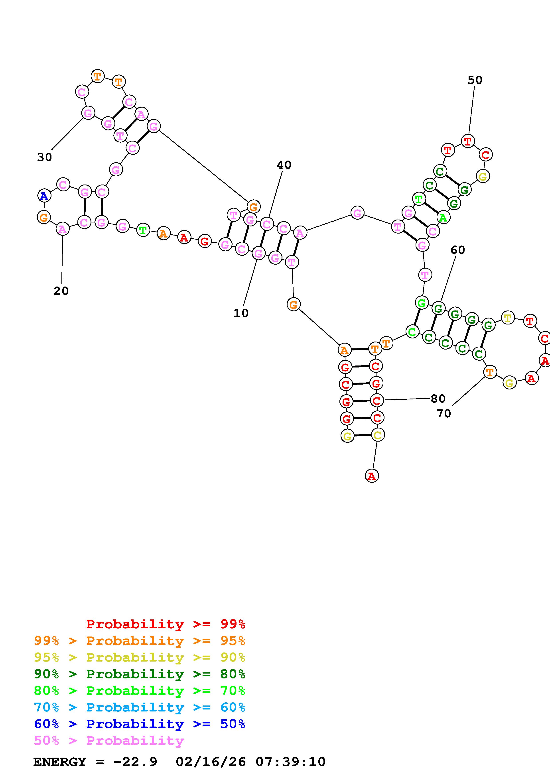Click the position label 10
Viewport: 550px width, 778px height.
(241, 313)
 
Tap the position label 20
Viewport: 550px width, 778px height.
(61, 291)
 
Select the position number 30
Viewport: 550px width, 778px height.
(44, 157)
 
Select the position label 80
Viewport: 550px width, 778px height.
(438, 399)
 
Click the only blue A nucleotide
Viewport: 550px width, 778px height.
(44, 196)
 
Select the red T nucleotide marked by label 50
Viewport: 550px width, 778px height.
(468, 141)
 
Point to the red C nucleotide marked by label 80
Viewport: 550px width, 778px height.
(376, 401)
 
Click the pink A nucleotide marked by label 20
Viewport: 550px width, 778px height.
(62, 229)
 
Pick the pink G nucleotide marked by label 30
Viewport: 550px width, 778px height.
(88, 113)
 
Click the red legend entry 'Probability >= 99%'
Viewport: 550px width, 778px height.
(165, 624)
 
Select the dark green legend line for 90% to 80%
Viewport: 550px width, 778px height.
(140, 674)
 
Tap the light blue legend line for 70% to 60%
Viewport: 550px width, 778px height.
(140, 707)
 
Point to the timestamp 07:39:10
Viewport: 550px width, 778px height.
(290, 762)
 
